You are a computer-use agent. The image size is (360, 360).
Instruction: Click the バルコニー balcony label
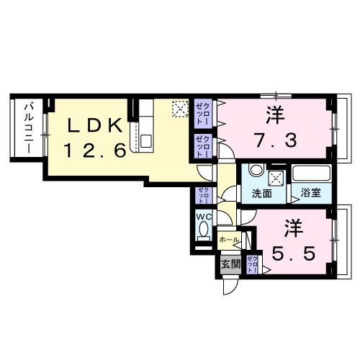click(27, 127)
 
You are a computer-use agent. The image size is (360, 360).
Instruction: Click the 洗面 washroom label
click(262, 194)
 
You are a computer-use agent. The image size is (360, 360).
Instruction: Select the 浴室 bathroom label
click(312, 194)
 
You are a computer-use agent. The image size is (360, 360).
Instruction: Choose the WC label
click(202, 215)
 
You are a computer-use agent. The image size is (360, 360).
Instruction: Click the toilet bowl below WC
click(202, 232)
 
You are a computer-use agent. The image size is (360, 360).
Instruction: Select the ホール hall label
click(228, 239)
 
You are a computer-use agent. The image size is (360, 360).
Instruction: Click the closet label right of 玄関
click(253, 264)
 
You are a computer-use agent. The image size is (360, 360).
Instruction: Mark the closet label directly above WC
click(203, 195)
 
